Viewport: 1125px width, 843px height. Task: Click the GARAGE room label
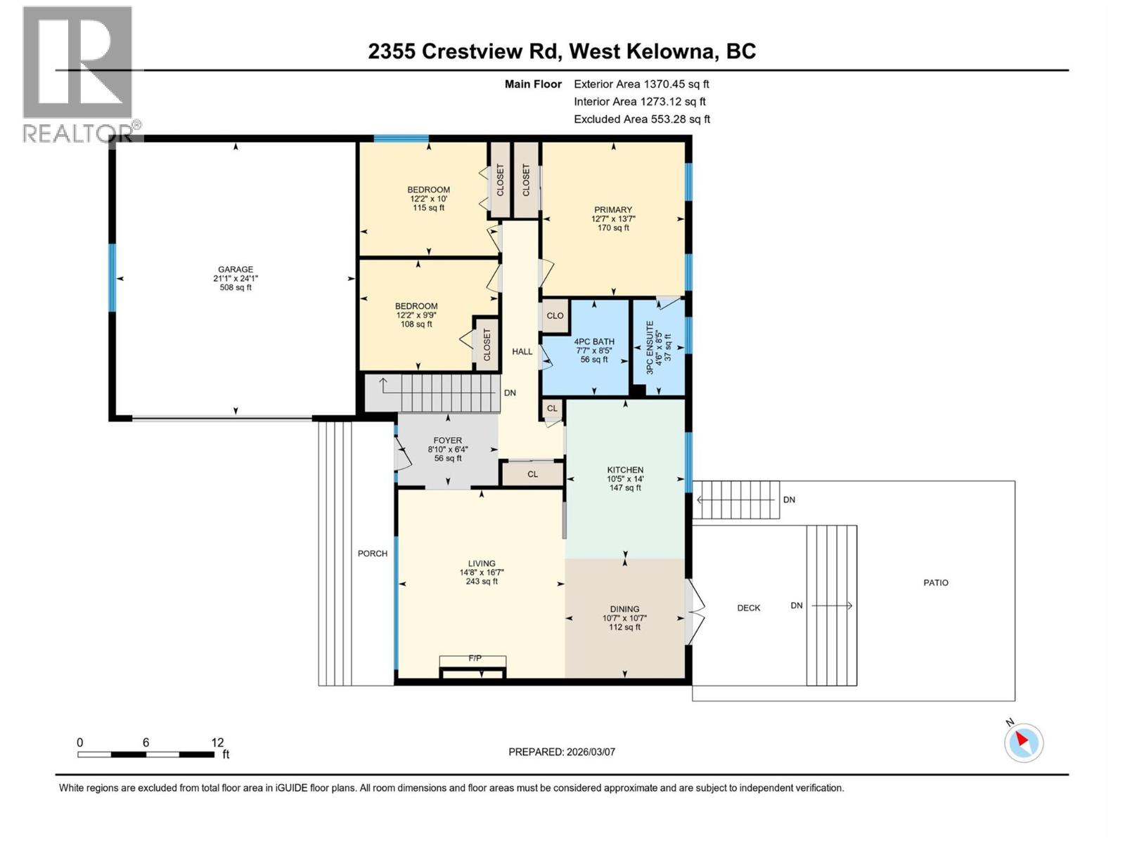click(235, 269)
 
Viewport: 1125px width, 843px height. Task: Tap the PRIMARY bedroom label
click(612, 209)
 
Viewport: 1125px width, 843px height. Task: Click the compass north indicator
click(1023, 742)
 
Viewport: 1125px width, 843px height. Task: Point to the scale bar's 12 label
click(217, 743)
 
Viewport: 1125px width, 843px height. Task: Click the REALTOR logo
click(77, 74)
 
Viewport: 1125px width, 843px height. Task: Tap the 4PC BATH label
click(593, 342)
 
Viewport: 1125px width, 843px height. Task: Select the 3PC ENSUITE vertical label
click(650, 347)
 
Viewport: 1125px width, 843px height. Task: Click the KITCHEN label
click(625, 470)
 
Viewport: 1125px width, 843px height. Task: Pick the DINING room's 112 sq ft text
click(624, 627)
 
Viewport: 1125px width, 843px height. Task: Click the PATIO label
click(935, 582)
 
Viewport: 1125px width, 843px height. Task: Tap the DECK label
click(748, 608)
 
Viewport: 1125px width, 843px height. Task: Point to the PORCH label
click(372, 554)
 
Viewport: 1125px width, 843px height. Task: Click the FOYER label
click(447, 440)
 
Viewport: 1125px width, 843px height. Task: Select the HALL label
click(522, 351)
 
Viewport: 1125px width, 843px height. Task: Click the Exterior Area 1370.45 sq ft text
click(641, 84)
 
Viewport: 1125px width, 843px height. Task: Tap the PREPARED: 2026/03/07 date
click(561, 752)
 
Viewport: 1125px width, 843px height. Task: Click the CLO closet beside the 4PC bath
click(555, 316)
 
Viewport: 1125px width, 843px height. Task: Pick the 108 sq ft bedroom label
click(416, 324)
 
